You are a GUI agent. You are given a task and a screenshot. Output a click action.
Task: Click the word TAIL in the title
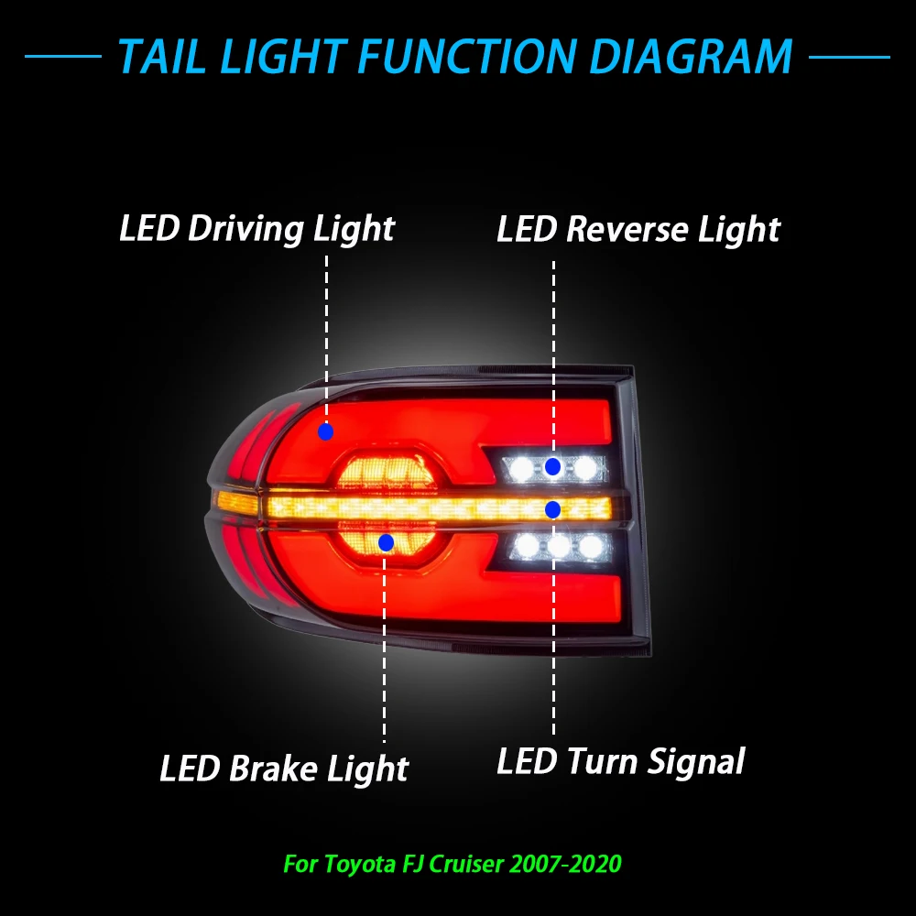click(x=162, y=57)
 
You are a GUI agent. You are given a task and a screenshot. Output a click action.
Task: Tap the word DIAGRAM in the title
click(x=691, y=57)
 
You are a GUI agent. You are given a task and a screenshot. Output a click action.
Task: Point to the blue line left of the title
click(x=63, y=57)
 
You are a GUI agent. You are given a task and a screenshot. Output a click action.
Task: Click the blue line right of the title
click(x=849, y=57)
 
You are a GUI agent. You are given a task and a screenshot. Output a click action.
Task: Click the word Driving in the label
click(x=245, y=228)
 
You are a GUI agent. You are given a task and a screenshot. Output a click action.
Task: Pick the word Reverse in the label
click(x=627, y=229)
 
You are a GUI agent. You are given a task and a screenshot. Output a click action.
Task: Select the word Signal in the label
click(x=696, y=762)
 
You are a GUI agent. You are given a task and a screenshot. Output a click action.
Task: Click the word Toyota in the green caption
click(x=359, y=864)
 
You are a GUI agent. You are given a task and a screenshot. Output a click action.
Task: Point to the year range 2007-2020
click(x=566, y=864)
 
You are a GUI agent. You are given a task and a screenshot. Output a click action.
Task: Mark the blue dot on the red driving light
click(x=325, y=431)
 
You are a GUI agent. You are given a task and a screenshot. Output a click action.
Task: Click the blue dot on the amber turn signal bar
click(x=552, y=509)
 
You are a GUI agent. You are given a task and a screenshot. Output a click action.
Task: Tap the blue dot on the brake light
click(x=386, y=542)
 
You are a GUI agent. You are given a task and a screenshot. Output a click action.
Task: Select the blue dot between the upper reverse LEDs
click(x=552, y=466)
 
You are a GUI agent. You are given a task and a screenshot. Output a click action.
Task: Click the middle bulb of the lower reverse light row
click(x=559, y=546)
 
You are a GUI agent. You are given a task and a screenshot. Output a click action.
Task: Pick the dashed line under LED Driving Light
click(x=326, y=339)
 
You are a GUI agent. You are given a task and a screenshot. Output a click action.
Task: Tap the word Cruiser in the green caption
click(x=466, y=864)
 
